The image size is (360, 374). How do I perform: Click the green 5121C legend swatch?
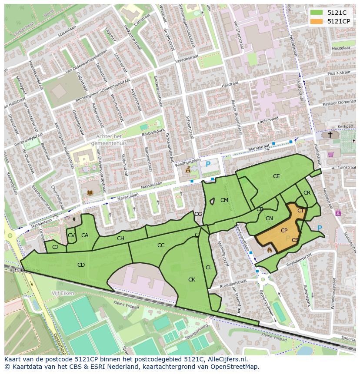click(317, 13)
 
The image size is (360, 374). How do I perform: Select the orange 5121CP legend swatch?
click(317, 21)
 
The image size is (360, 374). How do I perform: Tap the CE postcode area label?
click(276, 176)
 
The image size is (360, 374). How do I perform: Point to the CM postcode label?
click(224, 200)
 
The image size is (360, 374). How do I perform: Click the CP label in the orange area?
click(284, 231)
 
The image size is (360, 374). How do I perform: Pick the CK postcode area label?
click(191, 280)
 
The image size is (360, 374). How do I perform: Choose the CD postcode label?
click(81, 265)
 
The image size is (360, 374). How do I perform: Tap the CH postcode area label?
click(120, 238)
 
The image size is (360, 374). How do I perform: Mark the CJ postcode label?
click(55, 247)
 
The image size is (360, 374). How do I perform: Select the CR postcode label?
click(307, 193)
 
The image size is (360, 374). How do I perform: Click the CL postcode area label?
click(209, 268)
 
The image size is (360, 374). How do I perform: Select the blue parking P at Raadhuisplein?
click(208, 164)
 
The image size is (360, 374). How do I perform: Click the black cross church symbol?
click(330, 135)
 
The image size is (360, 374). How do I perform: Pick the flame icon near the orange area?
click(269, 250)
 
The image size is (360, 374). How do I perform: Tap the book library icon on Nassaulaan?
click(90, 192)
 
